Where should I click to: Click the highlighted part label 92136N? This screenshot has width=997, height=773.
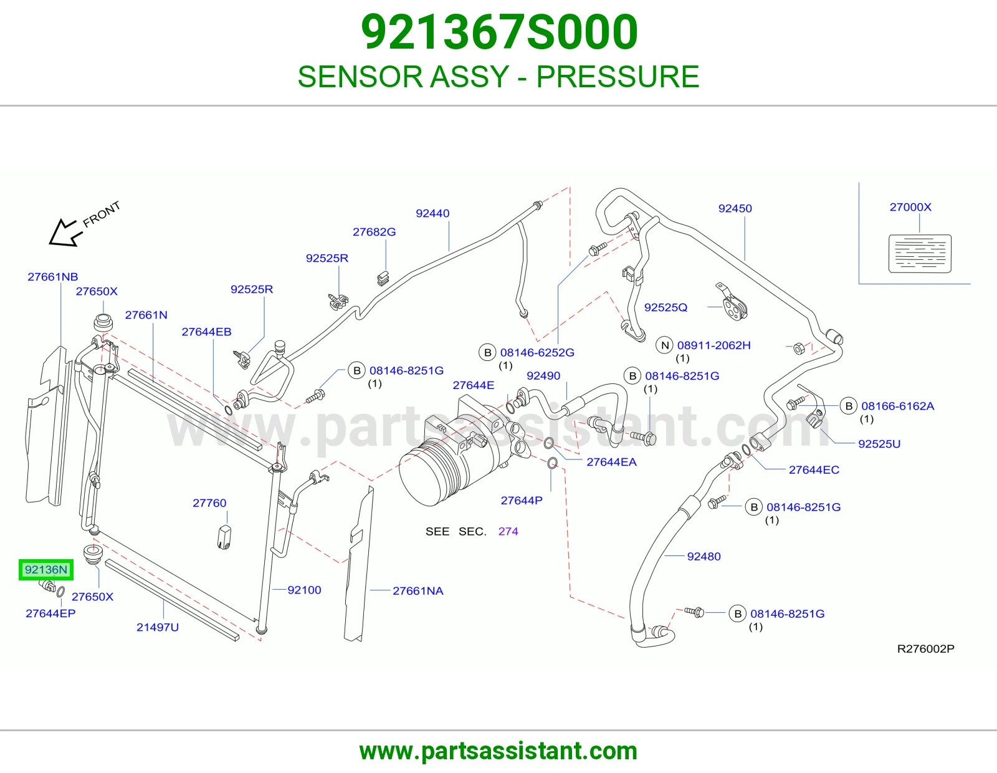(x=46, y=570)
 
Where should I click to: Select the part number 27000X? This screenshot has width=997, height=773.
(x=910, y=207)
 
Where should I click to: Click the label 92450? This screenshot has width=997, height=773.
(x=735, y=208)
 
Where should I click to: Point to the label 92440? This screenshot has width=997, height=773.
(x=432, y=213)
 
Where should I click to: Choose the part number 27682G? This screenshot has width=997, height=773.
(x=374, y=232)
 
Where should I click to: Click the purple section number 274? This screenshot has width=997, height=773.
(x=508, y=531)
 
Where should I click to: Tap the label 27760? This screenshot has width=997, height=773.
(x=209, y=503)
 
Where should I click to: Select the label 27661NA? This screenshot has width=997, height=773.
(x=418, y=591)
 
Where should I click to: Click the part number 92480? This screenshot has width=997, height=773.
(x=704, y=556)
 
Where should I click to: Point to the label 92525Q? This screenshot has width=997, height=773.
(x=665, y=307)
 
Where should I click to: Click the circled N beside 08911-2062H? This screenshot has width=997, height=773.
(x=664, y=345)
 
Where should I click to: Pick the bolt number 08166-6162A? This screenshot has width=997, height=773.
(x=897, y=406)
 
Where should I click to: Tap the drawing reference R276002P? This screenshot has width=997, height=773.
(x=926, y=648)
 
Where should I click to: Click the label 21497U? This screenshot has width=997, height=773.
(x=158, y=627)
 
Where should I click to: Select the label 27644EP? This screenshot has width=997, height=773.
(x=50, y=613)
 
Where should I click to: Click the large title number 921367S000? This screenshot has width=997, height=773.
(x=499, y=32)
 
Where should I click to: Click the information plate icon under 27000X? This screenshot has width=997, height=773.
(x=920, y=253)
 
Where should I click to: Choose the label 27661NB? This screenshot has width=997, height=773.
(x=53, y=277)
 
